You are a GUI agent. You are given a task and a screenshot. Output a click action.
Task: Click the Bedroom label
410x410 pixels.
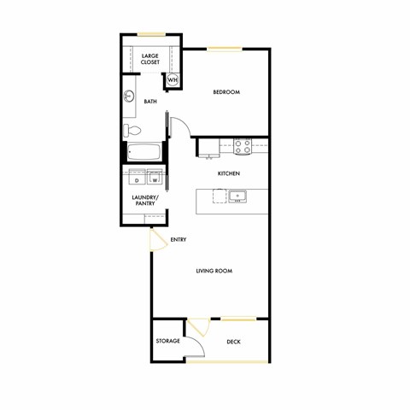(x=225, y=92)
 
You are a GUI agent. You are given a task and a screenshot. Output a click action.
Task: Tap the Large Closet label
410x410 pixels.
(x=150, y=59)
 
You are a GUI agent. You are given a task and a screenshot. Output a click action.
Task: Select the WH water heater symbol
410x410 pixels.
(x=173, y=80)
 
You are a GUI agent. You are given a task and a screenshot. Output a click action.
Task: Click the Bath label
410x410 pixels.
(x=150, y=102)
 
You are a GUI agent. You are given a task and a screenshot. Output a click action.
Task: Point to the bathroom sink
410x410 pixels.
(x=131, y=95)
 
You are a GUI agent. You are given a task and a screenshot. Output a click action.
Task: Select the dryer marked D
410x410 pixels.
(x=137, y=180)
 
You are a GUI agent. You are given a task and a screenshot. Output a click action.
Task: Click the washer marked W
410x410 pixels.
(x=155, y=179)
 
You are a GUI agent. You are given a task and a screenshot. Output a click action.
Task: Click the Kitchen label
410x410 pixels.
(x=229, y=173)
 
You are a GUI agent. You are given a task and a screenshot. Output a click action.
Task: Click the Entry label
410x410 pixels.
(x=179, y=240)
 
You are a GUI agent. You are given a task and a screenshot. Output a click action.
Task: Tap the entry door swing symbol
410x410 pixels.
(x=158, y=240)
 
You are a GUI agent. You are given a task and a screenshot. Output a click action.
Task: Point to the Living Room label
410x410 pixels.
(x=214, y=271)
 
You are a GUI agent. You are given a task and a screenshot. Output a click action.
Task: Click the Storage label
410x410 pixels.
(x=167, y=342)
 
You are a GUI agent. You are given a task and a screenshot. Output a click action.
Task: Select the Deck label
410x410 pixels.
(x=234, y=342)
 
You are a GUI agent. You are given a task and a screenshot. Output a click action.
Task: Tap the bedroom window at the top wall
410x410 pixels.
(x=221, y=49)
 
